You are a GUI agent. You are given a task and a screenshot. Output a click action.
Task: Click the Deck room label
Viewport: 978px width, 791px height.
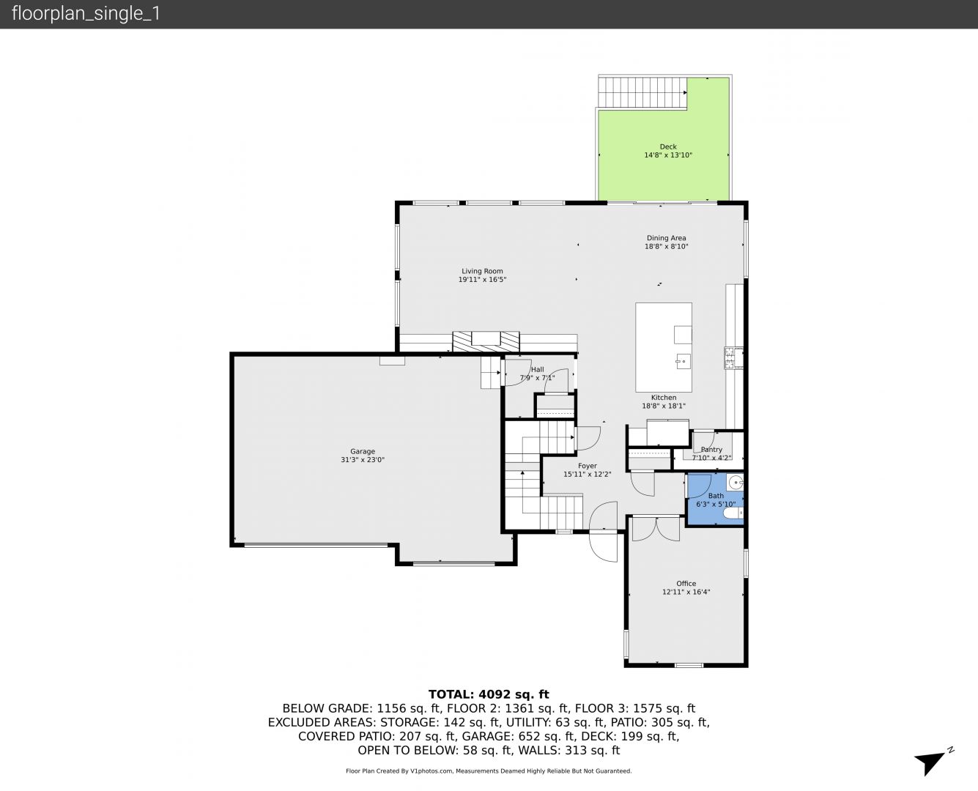[668, 147]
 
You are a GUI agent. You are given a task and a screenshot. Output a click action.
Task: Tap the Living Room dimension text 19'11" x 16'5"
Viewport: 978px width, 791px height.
[482, 280]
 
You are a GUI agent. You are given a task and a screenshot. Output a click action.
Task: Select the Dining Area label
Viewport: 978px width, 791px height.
[666, 238]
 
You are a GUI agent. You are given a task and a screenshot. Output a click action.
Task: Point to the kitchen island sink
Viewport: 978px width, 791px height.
[683, 361]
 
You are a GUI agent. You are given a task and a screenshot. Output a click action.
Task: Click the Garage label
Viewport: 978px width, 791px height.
[363, 451]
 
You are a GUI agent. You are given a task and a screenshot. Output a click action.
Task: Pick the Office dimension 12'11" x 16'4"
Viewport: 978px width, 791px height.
[686, 592]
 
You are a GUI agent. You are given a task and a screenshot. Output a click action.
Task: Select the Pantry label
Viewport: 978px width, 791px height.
[711, 450]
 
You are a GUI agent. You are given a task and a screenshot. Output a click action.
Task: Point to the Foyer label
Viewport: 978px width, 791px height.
[588, 466]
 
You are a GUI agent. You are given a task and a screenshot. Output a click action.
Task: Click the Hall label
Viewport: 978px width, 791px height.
[537, 370]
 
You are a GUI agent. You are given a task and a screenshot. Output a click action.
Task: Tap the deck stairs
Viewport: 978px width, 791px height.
[642, 92]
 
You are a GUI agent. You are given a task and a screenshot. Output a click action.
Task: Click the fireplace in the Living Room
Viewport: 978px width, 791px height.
[486, 341]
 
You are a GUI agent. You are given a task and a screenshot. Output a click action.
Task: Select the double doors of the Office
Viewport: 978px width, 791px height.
[656, 529]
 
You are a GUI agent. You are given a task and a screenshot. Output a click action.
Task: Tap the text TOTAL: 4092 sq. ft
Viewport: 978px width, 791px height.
[489, 694]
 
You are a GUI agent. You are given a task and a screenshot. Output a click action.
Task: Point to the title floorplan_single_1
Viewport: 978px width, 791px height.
[86, 14]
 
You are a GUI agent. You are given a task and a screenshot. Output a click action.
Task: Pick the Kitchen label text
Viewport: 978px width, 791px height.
[664, 398]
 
